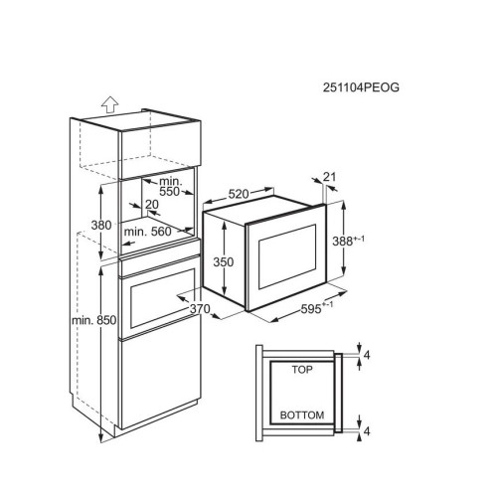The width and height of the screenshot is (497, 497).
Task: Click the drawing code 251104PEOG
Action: point(361,87)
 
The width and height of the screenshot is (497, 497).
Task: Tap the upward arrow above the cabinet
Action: point(109,105)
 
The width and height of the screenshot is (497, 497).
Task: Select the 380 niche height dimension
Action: point(101,226)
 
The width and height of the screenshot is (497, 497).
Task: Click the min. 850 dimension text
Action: point(94,320)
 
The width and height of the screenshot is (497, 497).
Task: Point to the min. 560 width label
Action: point(148,232)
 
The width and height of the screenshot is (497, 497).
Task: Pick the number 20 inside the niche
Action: point(152,205)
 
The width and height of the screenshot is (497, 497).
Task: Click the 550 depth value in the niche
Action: point(169,192)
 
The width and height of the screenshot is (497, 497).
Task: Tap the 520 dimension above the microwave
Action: point(239,194)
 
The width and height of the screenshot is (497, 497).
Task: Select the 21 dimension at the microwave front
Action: point(329,177)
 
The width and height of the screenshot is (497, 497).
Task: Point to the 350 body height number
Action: point(224,262)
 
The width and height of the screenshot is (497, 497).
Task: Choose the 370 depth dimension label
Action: point(200,309)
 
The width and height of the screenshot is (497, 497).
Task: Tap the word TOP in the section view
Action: point(302,370)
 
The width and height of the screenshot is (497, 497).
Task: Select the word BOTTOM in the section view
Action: point(302,415)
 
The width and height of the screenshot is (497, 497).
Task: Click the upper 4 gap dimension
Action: point(367,355)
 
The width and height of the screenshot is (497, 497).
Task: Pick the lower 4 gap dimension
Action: point(367,431)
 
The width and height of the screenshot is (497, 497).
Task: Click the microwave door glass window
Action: point(287,256)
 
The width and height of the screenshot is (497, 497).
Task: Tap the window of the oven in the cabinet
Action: point(162,298)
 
